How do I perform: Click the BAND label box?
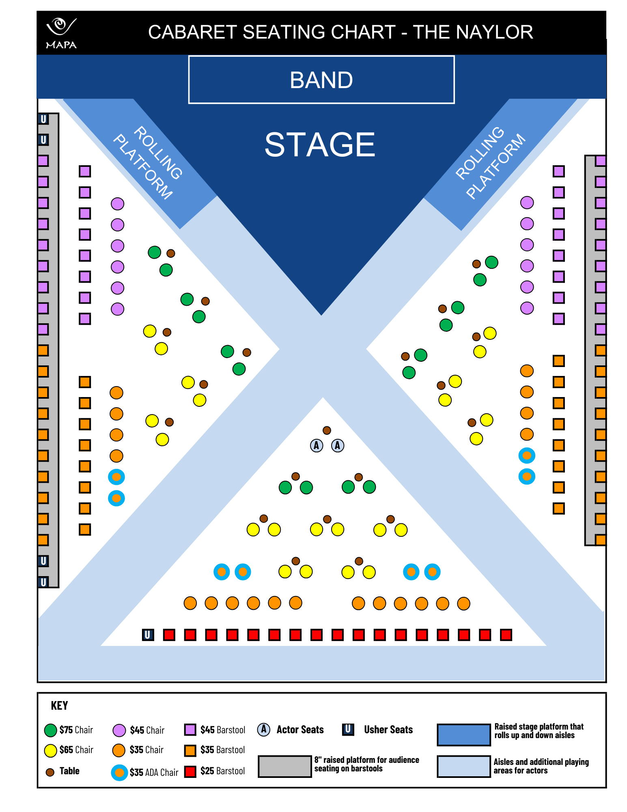click(321, 80)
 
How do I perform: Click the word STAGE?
click(320, 145)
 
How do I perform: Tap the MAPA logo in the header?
click(61, 33)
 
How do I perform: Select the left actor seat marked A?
click(317, 445)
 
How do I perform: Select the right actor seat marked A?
click(338, 445)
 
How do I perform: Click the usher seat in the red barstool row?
click(148, 635)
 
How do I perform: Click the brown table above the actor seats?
click(327, 430)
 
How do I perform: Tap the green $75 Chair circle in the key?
click(50, 730)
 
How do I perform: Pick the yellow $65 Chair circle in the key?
click(50, 750)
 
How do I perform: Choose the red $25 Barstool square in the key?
click(190, 771)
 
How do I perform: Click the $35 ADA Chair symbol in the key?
click(119, 772)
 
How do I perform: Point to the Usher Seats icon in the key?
click(348, 729)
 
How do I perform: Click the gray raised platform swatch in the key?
click(285, 766)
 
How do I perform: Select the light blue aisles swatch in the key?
click(463, 766)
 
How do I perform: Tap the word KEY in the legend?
click(59, 706)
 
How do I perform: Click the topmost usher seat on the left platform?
click(43, 119)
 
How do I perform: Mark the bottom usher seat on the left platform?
click(43, 582)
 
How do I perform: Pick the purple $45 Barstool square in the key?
click(190, 730)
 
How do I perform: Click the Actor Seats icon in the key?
click(264, 729)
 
